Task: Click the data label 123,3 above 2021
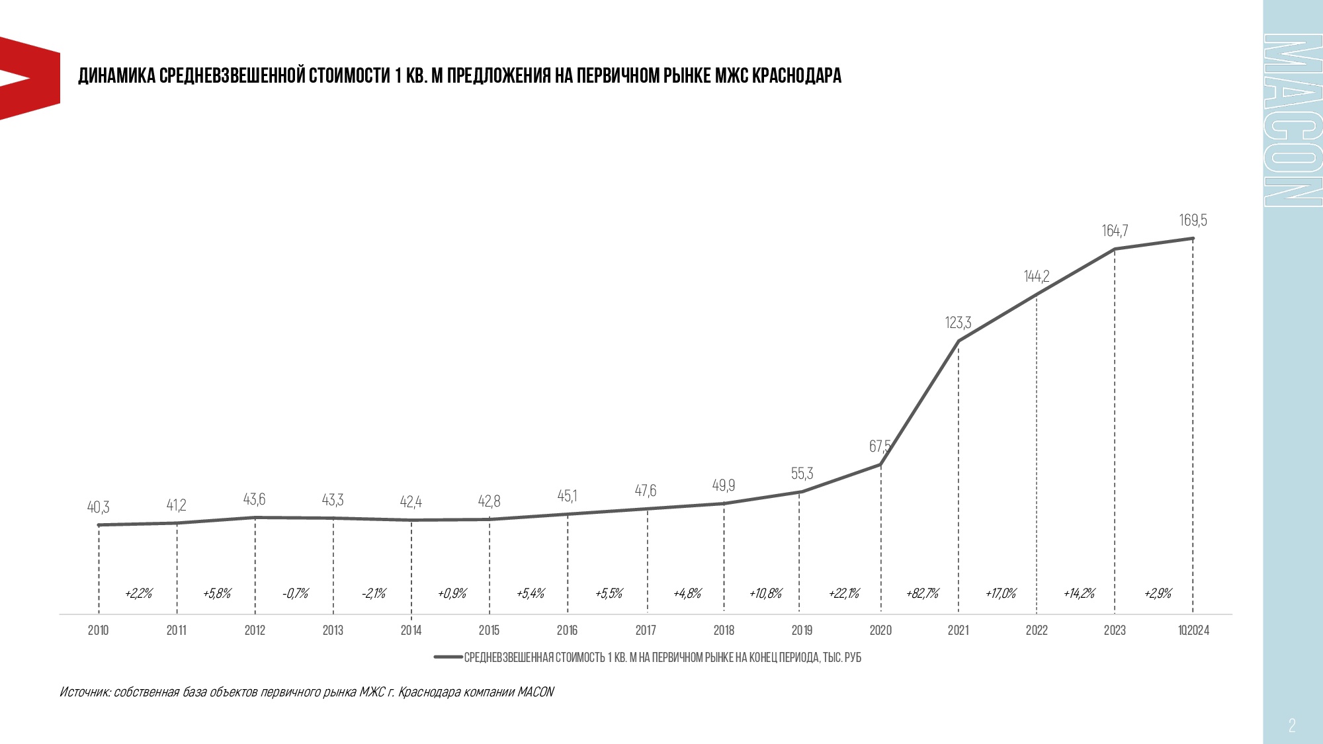click(x=958, y=323)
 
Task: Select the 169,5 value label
click(x=1193, y=220)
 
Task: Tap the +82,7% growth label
click(x=922, y=593)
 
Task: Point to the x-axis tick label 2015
click(x=489, y=630)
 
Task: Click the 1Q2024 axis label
click(x=1193, y=630)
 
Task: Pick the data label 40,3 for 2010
click(x=98, y=507)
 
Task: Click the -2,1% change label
click(x=374, y=593)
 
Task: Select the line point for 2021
click(x=959, y=341)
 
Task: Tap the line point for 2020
click(x=880, y=465)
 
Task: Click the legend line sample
click(x=448, y=657)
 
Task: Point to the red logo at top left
click(x=30, y=78)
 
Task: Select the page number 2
click(x=1292, y=725)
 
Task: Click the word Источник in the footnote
click(x=85, y=692)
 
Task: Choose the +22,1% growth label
click(x=844, y=593)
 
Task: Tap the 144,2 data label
click(x=1037, y=276)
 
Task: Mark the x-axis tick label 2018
click(x=724, y=630)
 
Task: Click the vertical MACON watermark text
click(x=1292, y=120)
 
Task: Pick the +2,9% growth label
click(x=1158, y=593)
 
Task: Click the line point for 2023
click(x=1115, y=249)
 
